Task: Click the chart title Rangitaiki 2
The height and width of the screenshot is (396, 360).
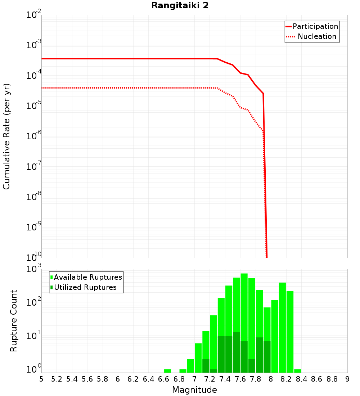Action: click(180, 6)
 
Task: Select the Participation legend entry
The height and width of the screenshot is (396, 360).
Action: click(315, 27)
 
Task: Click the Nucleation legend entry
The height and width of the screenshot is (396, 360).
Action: click(316, 37)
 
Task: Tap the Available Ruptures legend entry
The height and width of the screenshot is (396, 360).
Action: click(87, 277)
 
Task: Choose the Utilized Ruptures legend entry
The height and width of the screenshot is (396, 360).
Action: click(85, 287)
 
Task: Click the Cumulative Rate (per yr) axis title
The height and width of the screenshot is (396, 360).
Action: click(7, 136)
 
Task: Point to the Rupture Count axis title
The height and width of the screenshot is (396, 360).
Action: click(14, 320)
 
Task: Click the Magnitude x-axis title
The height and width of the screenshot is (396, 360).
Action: click(194, 390)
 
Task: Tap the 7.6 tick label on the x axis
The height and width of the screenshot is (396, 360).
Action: click(240, 379)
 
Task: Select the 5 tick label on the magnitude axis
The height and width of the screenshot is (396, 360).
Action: click(41, 379)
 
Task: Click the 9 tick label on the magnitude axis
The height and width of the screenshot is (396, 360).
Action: click(347, 379)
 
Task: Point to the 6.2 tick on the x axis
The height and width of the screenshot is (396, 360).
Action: click(133, 379)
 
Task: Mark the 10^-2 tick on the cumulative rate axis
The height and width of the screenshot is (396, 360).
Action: click(34, 15)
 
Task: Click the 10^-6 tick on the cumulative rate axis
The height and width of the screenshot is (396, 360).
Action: click(34, 136)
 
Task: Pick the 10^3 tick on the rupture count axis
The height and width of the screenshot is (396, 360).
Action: click(34, 269)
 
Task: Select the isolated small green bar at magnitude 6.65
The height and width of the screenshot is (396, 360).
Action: click(167, 371)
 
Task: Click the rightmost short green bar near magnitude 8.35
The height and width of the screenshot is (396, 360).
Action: click(298, 371)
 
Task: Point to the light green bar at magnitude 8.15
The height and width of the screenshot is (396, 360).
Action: click(282, 328)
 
